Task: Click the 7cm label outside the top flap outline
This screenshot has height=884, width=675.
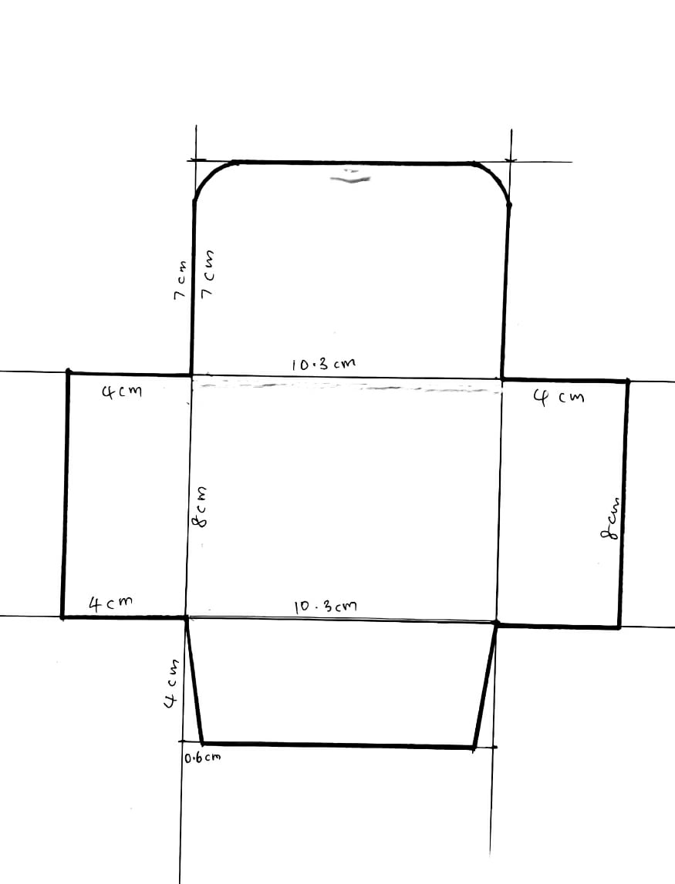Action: (180, 280)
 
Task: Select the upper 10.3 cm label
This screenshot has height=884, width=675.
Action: (324, 364)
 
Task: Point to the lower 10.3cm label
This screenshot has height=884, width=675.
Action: (326, 607)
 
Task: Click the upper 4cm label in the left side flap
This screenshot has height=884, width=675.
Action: (121, 391)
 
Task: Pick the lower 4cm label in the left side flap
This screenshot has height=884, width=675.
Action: (110, 603)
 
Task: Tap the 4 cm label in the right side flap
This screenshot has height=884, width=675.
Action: (559, 398)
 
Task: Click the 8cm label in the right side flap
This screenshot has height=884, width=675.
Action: (610, 518)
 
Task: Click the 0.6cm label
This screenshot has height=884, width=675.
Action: (202, 757)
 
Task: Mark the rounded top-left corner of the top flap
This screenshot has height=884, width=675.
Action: (209, 174)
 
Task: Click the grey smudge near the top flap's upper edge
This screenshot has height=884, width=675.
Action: (350, 177)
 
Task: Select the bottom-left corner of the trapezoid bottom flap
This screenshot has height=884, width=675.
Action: (202, 743)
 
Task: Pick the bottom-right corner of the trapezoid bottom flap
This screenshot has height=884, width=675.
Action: (474, 748)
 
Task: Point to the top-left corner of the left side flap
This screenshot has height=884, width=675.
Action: (69, 372)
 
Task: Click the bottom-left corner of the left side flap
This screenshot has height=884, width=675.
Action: (62, 617)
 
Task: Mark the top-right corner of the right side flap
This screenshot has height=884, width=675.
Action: (627, 381)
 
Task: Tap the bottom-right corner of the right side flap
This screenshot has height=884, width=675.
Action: (619, 626)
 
